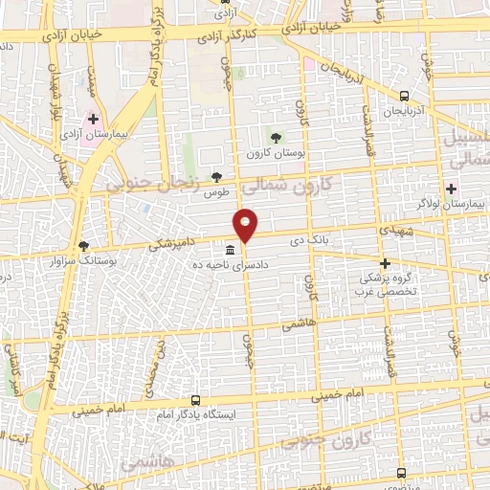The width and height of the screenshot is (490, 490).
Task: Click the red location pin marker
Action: pos(247,223)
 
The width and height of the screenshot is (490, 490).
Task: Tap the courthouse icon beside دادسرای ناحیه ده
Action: pos(227,251)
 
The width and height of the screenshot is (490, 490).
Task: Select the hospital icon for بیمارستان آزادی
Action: pos(93,122)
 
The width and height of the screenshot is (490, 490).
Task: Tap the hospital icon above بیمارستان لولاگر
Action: pos(451,188)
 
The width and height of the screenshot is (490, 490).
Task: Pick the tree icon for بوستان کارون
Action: pos(277,139)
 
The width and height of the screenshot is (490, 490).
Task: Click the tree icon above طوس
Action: pos(217,177)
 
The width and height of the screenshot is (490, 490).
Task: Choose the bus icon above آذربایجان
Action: pos(404,96)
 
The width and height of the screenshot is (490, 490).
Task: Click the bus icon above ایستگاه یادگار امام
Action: pos(195,401)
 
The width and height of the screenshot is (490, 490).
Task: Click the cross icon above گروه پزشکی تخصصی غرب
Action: pos(384,262)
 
